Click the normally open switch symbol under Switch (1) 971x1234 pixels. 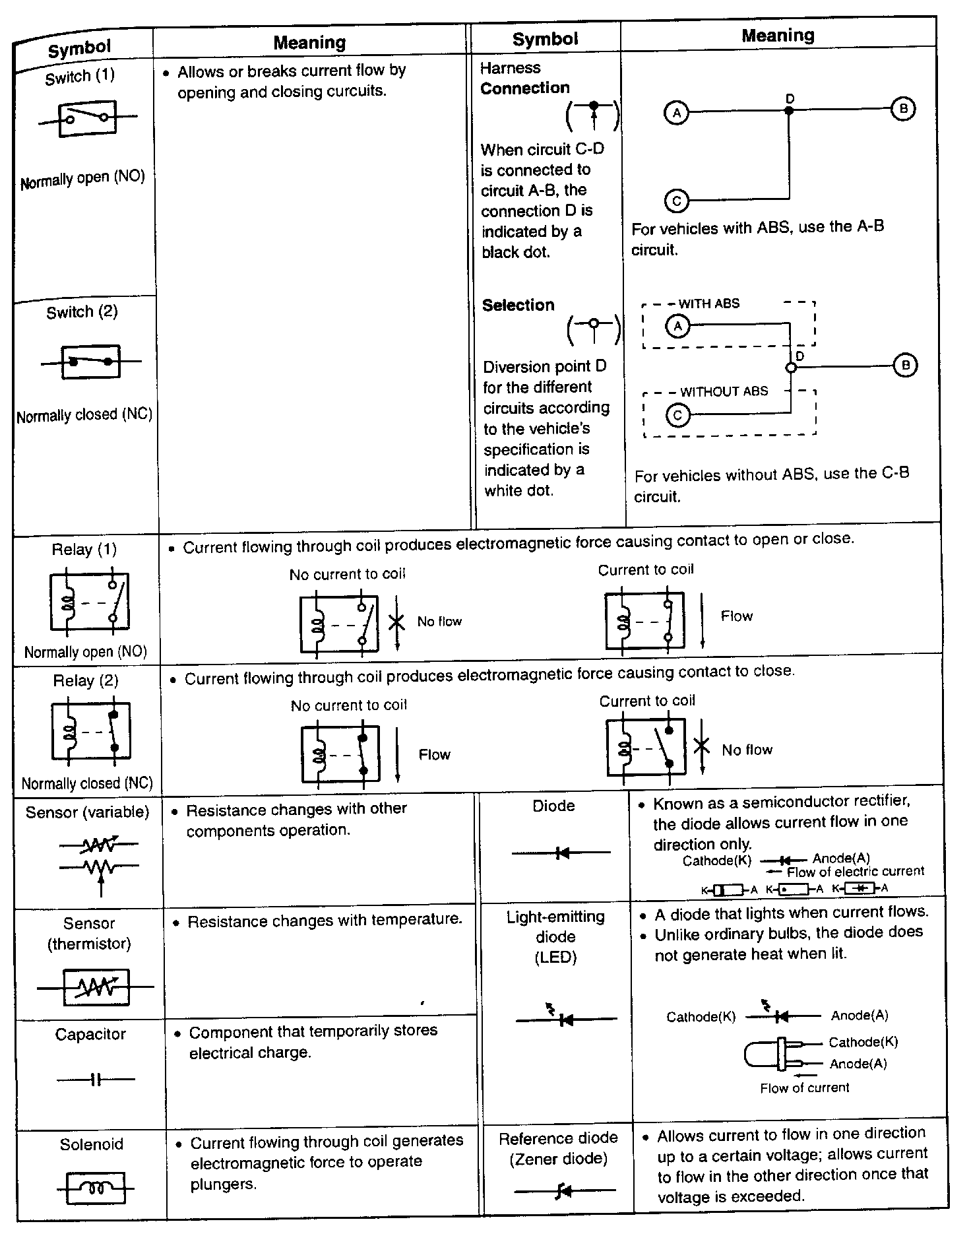[x=87, y=118]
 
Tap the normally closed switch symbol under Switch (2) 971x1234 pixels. [x=91, y=362]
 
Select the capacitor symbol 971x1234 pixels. [x=96, y=1080]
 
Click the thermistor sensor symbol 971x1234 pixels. [x=96, y=987]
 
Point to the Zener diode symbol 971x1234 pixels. [x=563, y=1191]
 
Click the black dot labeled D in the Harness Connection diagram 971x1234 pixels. [x=789, y=110]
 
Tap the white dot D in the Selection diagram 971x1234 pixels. [x=791, y=368]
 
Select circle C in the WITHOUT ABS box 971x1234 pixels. [x=677, y=415]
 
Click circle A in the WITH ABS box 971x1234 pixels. [x=677, y=325]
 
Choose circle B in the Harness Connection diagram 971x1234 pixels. [x=903, y=109]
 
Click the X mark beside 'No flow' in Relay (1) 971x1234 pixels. [x=396, y=622]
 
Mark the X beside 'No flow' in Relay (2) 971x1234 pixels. [x=701, y=746]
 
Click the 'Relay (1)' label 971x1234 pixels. [x=84, y=550]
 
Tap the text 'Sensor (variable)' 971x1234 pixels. [x=88, y=812]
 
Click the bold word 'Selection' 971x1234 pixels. [x=518, y=305]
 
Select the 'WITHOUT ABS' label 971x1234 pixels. [x=724, y=391]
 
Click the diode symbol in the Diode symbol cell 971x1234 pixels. [x=562, y=853]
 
